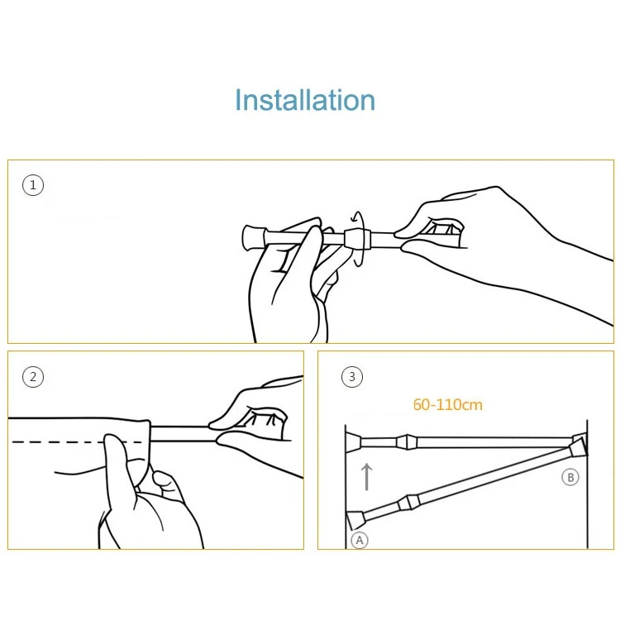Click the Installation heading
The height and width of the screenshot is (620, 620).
coord(305,100)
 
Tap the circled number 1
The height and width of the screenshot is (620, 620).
coord(33,185)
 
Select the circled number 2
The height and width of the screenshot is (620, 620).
coord(33,376)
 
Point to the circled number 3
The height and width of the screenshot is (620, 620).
coord(352,376)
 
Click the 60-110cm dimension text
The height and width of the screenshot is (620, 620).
coord(447,404)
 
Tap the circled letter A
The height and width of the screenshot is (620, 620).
coord(360,540)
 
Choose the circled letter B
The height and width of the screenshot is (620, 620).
coord(570,477)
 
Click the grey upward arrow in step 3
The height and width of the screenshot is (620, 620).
coord(367,477)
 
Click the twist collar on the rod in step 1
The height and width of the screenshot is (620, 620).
coord(357,239)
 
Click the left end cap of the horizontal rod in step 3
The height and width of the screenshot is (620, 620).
coord(353,442)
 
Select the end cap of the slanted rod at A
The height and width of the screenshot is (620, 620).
coord(355,520)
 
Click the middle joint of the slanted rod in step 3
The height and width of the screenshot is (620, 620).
coord(409,503)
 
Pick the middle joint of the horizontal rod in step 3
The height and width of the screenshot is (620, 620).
coord(407,442)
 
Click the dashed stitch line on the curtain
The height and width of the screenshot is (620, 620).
coord(77,441)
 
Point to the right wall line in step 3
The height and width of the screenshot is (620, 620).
coord(587,484)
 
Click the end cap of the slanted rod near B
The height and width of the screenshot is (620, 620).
coord(578,448)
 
